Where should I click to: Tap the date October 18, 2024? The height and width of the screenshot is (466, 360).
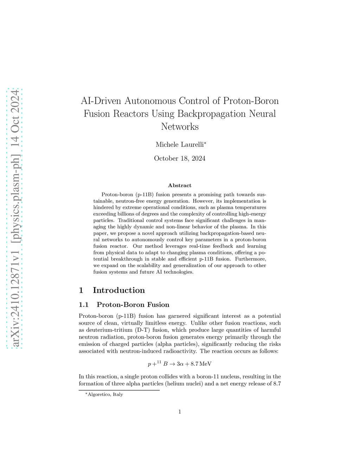180,158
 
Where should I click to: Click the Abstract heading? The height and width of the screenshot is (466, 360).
180,185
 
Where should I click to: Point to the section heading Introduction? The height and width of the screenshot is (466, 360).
119,290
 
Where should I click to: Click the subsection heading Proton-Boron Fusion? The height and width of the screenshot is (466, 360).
133,305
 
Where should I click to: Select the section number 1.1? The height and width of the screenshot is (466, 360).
84,305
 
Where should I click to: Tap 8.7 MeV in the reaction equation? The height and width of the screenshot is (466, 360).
201,364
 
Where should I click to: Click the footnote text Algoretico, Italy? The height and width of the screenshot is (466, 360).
105,395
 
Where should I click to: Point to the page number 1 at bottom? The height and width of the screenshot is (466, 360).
180,412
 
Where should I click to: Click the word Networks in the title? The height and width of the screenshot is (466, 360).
180,127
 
